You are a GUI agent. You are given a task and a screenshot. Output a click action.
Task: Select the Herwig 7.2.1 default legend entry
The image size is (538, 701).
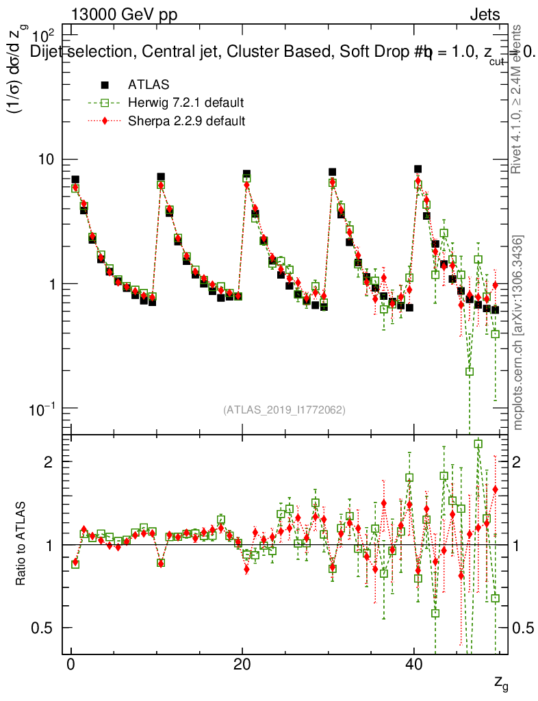[185, 103]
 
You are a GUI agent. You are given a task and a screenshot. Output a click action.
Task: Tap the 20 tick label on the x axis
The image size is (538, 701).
[242, 665]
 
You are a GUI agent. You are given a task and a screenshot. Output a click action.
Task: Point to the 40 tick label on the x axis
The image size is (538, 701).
[413, 665]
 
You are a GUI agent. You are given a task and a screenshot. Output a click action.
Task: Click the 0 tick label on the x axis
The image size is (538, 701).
[71, 665]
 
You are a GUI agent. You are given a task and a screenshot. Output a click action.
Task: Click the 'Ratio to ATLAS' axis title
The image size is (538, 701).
[21, 544]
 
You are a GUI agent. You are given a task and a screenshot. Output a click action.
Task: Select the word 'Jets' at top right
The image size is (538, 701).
[484, 15]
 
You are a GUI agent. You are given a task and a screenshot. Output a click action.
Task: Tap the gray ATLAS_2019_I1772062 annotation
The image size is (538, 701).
[284, 410]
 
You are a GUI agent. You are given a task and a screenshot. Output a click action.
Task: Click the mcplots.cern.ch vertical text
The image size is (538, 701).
[518, 333]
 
